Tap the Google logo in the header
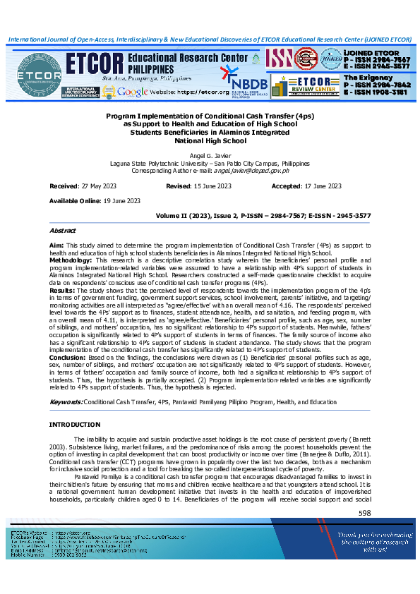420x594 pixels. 133,92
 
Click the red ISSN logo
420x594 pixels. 280,57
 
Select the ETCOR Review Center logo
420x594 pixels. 308,87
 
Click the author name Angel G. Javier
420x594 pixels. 210,154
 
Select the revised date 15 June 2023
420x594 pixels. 208,186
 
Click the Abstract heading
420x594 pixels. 62,231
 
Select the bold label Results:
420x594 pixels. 61,289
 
